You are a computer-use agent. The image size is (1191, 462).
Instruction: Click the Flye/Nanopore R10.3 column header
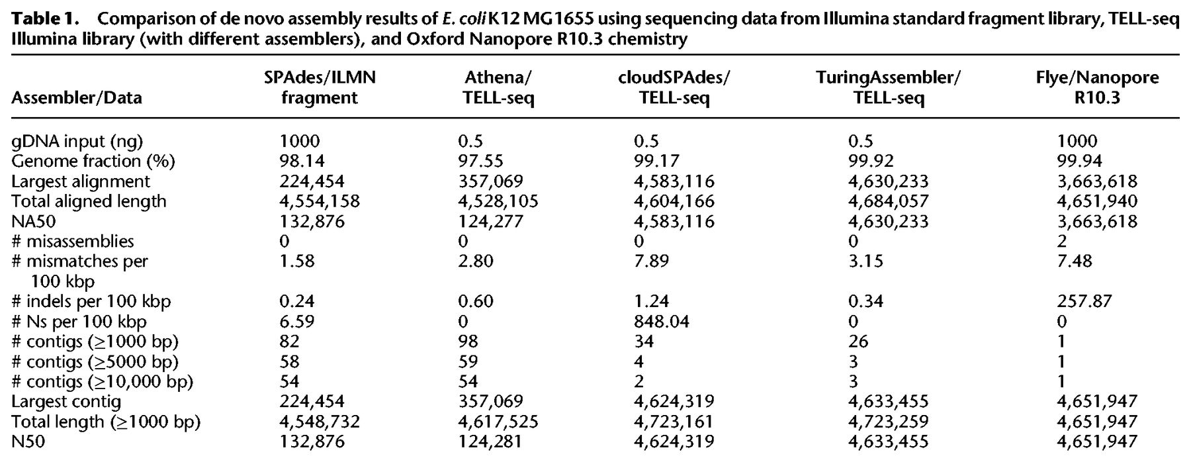click(1097, 88)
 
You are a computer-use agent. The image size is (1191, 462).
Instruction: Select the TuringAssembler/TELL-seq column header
click(888, 88)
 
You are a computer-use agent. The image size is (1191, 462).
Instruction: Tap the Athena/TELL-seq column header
click(498, 88)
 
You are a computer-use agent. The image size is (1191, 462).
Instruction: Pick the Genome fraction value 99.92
click(871, 161)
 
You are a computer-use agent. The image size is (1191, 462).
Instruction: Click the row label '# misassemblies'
click(73, 241)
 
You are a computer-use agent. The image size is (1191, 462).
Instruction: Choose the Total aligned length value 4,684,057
click(889, 201)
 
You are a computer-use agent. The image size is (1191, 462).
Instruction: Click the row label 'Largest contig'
click(66, 402)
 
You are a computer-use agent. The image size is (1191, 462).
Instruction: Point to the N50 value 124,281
click(490, 441)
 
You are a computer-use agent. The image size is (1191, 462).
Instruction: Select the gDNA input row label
click(77, 141)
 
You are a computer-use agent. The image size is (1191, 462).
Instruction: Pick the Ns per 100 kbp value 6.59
click(297, 322)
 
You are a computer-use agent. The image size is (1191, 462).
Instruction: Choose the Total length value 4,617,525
click(498, 422)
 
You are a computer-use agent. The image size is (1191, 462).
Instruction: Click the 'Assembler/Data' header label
click(77, 98)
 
